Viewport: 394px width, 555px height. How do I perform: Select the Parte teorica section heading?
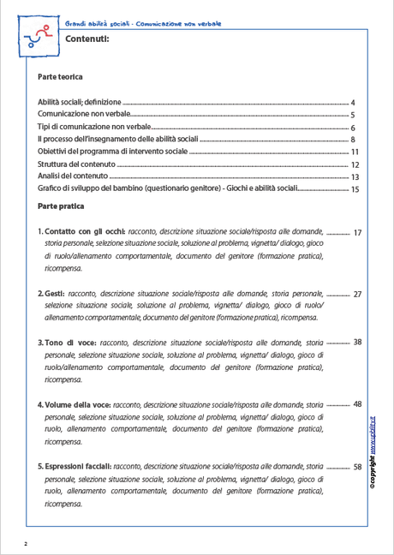coord(61,77)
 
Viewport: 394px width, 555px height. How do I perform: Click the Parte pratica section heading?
coord(61,206)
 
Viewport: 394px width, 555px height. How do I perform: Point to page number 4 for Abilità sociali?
coord(353,102)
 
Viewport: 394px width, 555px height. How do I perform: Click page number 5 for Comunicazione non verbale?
coord(353,115)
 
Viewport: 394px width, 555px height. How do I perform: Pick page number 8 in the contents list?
coord(353,140)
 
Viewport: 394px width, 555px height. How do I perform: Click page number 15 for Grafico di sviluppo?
coord(355,189)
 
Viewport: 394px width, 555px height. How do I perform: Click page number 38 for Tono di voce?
coord(357,343)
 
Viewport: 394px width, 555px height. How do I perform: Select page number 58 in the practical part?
coord(357,468)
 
